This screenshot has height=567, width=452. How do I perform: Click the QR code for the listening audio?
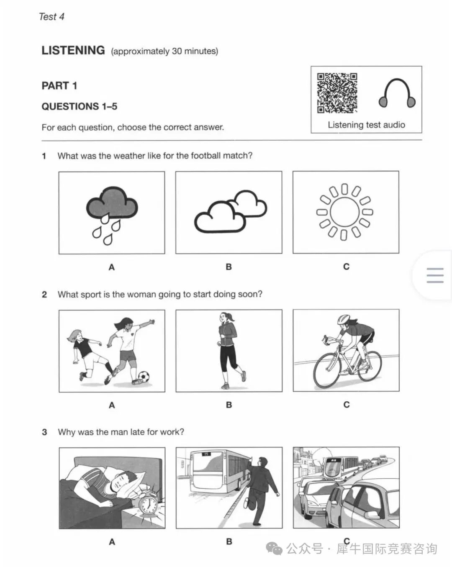coord(337,93)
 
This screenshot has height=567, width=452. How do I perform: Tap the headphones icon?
coord(397,93)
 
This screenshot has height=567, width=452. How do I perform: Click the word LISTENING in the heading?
coord(73,50)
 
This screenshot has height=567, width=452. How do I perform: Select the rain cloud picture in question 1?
coord(112,213)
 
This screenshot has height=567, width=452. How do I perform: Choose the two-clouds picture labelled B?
coord(229,213)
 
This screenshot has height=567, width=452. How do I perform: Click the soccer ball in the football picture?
coord(144,377)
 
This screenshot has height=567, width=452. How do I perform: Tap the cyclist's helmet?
coord(344,319)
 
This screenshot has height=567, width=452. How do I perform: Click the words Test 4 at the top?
coord(51,17)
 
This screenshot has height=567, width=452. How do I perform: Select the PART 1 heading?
coord(59,86)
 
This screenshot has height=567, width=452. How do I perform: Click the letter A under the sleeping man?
coord(112,542)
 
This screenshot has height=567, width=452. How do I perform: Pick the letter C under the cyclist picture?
coord(346,405)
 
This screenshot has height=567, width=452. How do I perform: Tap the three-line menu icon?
coord(435,275)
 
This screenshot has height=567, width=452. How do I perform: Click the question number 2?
coord(44,295)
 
